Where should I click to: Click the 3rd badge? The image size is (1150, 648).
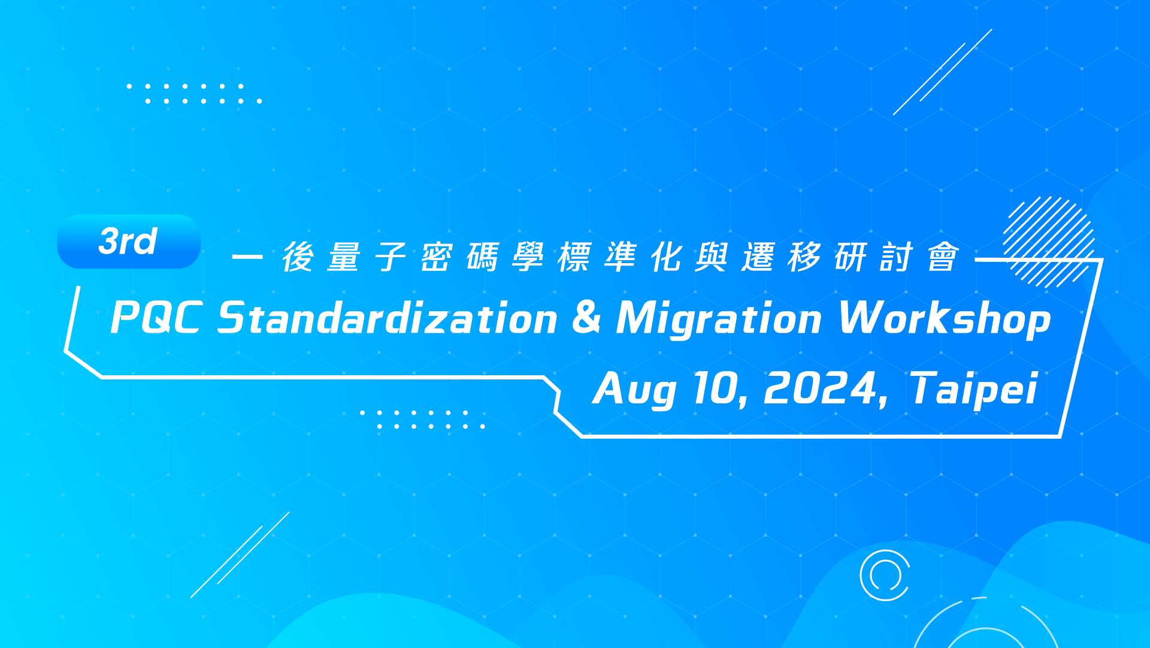(129, 242)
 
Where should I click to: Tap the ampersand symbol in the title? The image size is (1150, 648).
(586, 317)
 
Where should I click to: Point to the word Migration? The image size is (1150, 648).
(719, 320)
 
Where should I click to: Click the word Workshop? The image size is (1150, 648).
(945, 320)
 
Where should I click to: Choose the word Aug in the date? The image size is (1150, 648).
(635, 390)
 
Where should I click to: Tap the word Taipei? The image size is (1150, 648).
(974, 390)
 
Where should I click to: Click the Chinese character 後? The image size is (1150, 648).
(298, 257)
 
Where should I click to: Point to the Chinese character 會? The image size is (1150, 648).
(943, 257)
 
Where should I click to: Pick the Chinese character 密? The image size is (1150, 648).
(437, 257)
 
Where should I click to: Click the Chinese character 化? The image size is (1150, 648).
(667, 257)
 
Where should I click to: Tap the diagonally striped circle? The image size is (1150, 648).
(1049, 242)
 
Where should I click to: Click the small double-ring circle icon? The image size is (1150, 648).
(885, 575)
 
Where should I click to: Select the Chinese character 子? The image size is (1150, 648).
(391, 257)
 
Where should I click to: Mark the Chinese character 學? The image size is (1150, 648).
(528, 257)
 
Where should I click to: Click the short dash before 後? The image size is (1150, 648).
(247, 257)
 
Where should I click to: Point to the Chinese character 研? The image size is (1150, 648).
(851, 257)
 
